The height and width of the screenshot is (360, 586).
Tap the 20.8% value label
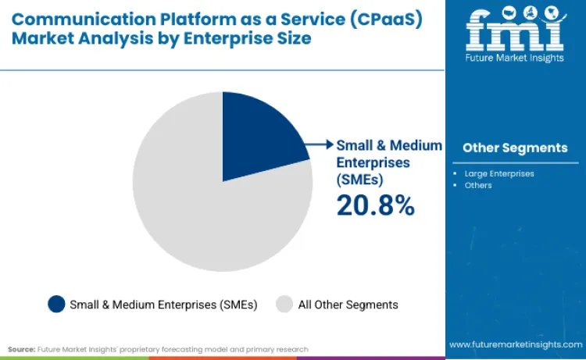click(x=374, y=205)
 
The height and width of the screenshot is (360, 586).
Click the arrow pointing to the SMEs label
click(x=320, y=144)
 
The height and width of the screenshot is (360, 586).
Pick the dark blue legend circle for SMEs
click(x=56, y=304)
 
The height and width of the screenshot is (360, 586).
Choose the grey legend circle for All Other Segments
click(x=285, y=304)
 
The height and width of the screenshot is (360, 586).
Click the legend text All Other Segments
click(x=348, y=305)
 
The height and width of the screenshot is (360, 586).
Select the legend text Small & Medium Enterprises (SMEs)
click(x=163, y=305)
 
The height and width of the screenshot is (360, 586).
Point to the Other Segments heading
click(x=515, y=148)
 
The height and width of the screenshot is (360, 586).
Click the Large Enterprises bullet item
click(x=498, y=173)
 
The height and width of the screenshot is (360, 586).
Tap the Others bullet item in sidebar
click(x=478, y=185)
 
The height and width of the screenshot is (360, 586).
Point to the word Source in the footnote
click(x=21, y=349)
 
